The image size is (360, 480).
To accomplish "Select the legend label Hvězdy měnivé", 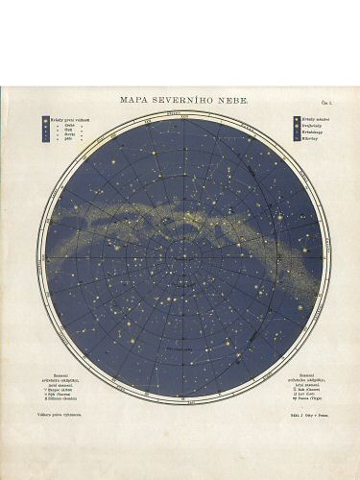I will click(309, 119).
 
